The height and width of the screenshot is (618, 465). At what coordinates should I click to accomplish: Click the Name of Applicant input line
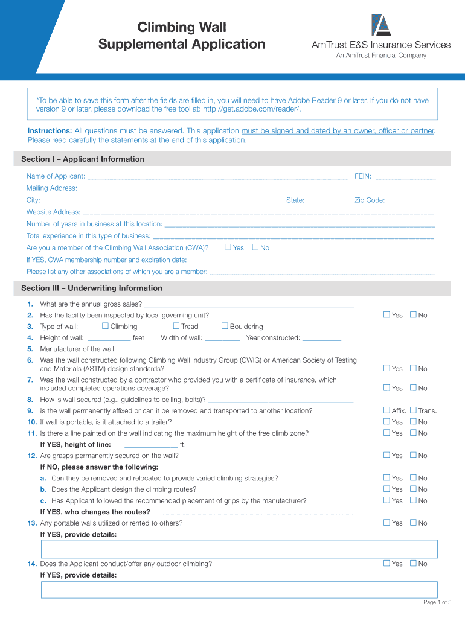tap(217, 177)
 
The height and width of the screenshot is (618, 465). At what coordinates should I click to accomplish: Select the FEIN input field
tap(405, 177)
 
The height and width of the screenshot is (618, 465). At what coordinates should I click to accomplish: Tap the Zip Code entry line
tap(411, 200)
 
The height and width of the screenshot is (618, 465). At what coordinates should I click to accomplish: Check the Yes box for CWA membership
tap(228, 247)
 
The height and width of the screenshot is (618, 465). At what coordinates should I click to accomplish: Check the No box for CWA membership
tap(255, 247)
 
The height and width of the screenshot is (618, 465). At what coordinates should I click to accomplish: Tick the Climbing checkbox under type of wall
tap(105, 327)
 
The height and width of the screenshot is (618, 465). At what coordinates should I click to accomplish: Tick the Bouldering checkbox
tap(225, 327)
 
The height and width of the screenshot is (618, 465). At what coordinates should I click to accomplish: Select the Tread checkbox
tap(176, 327)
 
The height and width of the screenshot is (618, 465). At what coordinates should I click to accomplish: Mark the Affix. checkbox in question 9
tap(387, 410)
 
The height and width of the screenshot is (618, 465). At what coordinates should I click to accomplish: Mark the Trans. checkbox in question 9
tap(414, 410)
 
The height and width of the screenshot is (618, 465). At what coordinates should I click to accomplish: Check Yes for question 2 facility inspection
tap(387, 315)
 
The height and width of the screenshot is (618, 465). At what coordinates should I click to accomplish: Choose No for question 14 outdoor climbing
tap(414, 564)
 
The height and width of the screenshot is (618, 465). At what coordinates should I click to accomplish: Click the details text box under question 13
tap(239, 549)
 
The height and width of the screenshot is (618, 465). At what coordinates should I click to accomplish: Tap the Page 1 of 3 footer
tap(437, 602)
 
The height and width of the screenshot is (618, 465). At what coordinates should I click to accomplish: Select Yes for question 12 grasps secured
tap(387, 456)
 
